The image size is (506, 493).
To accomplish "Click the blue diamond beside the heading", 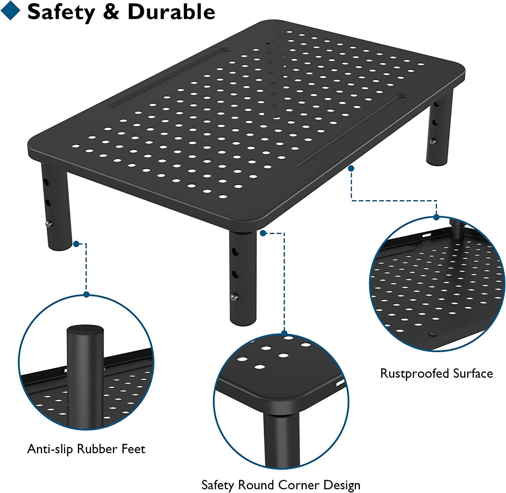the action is [x=10, y=10].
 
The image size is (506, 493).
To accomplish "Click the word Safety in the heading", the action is [x=61, y=12].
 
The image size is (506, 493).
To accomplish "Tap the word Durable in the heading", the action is [x=171, y=12].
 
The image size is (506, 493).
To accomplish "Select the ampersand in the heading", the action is [x=111, y=12].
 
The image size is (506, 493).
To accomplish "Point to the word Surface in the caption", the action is [x=473, y=373].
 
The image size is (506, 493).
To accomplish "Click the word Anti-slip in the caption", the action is [x=50, y=449].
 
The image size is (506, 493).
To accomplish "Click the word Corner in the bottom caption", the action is [x=299, y=485].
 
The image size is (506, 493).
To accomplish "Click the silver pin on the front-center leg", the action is [x=233, y=297].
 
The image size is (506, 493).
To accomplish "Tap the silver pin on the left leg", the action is [x=49, y=223].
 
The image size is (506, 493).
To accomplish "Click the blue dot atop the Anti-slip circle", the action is [x=87, y=295].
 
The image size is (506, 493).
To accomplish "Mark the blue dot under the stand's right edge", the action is [x=351, y=168].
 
